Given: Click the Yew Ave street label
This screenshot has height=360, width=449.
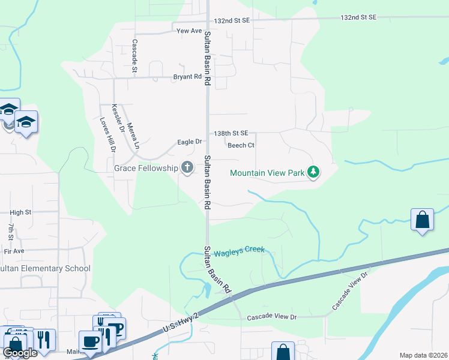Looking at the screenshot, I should (189, 31).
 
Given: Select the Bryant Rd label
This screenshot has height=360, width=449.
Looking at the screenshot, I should (187, 77).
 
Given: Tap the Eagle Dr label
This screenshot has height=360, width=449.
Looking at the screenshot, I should (190, 142).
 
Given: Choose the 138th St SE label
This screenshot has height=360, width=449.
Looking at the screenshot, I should (231, 133).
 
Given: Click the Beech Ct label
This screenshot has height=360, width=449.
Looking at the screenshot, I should (241, 145).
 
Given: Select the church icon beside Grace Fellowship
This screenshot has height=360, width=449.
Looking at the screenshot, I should (187, 168).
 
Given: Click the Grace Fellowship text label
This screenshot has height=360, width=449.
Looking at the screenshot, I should (146, 169).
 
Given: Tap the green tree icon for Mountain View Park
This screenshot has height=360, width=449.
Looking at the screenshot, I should (313, 173).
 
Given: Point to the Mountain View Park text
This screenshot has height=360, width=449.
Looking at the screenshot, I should (268, 173).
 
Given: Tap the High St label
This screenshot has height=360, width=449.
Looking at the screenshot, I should (20, 212).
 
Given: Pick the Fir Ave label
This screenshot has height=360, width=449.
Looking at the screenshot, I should (14, 251).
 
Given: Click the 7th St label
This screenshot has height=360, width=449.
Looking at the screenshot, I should (10, 232).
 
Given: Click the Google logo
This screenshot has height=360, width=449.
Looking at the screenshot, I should (20, 353).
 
